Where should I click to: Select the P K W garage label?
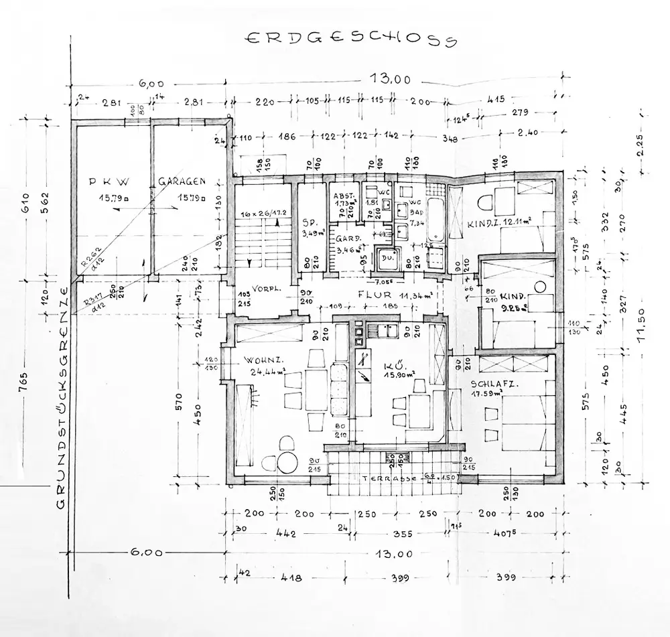click(x=109, y=182)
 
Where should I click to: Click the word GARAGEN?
click(x=182, y=181)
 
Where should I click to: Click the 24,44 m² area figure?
click(x=267, y=372)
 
